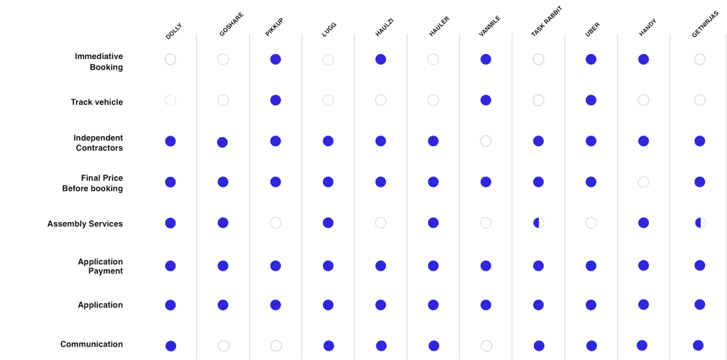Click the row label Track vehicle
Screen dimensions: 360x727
pos(97,102)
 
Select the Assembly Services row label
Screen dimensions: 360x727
pos(85,224)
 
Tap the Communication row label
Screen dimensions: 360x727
pos(92,344)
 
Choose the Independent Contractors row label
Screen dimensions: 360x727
pos(99,143)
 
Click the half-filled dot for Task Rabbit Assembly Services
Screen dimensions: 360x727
pos(538,223)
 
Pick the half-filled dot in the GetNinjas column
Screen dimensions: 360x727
pos(700,223)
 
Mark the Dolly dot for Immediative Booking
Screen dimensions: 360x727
pos(170,60)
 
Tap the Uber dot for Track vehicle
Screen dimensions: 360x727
pos(591,100)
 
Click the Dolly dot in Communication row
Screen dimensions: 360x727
pos(170,346)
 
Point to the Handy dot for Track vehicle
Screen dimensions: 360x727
pos(643,100)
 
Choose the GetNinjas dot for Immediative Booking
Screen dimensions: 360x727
pos(700,60)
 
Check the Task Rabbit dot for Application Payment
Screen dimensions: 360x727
pos(538,266)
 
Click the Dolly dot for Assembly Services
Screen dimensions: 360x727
pos(170,223)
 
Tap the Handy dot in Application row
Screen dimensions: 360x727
pos(643,305)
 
